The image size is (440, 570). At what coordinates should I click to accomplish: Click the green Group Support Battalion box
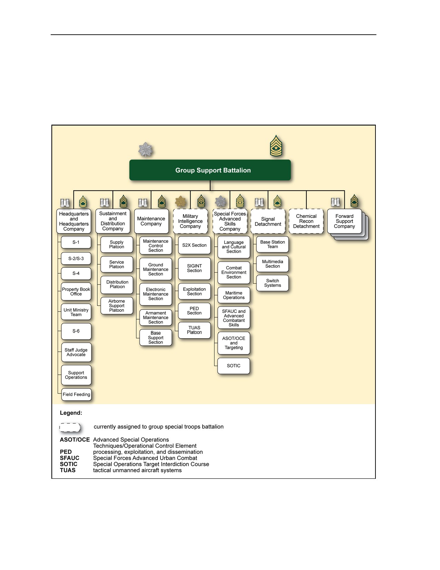(x=210, y=170)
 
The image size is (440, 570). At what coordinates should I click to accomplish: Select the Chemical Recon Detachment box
(x=306, y=221)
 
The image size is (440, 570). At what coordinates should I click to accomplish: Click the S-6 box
(x=76, y=331)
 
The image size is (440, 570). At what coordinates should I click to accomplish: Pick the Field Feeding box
(x=76, y=394)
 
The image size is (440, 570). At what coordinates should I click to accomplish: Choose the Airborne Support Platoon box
(x=117, y=306)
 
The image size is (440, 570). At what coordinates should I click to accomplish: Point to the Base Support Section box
(x=156, y=338)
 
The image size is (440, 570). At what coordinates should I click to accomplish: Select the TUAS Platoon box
(x=194, y=330)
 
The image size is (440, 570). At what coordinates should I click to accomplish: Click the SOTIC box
(x=234, y=365)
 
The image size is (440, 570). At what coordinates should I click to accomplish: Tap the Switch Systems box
(x=272, y=283)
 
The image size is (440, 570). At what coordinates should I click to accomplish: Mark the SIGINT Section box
(x=194, y=268)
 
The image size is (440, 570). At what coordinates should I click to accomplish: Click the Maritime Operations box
(x=234, y=295)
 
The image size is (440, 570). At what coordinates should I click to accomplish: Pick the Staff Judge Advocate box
(x=76, y=352)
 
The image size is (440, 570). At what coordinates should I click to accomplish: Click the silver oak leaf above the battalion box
(x=145, y=150)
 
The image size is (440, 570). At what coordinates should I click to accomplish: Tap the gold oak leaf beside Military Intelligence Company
(x=180, y=201)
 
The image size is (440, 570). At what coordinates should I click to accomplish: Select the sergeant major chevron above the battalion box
(x=276, y=145)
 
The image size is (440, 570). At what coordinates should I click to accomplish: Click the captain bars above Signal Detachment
(x=259, y=202)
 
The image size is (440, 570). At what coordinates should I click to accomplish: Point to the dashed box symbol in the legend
(x=69, y=427)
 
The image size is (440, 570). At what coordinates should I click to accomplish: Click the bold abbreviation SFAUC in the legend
(x=69, y=458)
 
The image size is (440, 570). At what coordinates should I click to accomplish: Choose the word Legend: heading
(x=71, y=413)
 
